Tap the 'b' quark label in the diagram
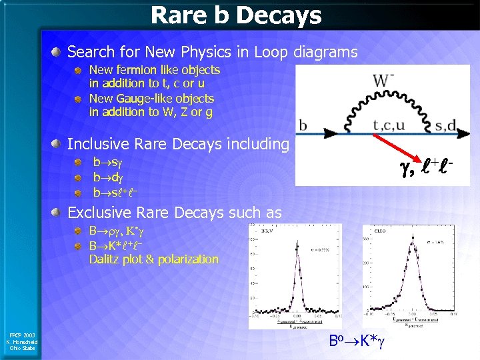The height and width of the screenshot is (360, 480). [303, 125]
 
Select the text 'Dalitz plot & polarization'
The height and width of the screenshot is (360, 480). [153, 259]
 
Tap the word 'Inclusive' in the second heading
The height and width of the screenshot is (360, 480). [98, 144]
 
